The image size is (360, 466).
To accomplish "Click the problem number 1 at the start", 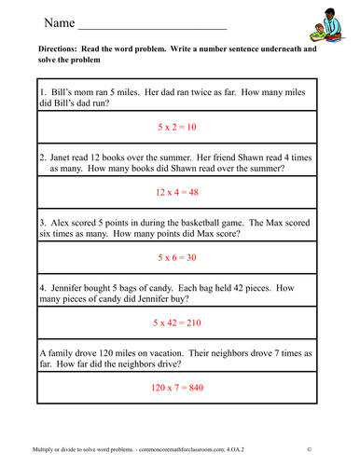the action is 43,93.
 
